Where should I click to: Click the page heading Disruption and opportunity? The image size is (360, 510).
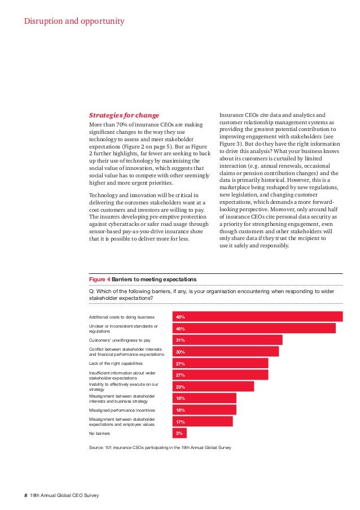(74, 21)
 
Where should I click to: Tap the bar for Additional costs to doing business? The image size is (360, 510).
(257, 317)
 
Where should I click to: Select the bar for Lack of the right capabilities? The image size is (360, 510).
(220, 364)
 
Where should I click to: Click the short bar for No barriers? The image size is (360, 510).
(179, 433)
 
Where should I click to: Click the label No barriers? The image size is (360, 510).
(100, 433)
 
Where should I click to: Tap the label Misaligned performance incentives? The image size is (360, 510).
(122, 410)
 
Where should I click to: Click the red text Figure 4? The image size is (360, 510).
(100, 279)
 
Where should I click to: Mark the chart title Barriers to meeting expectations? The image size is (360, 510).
(154, 279)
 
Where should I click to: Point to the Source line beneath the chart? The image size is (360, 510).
(160, 447)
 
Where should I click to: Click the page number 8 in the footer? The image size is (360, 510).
(25, 495)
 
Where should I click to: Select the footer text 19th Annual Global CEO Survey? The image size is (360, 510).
(64, 495)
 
